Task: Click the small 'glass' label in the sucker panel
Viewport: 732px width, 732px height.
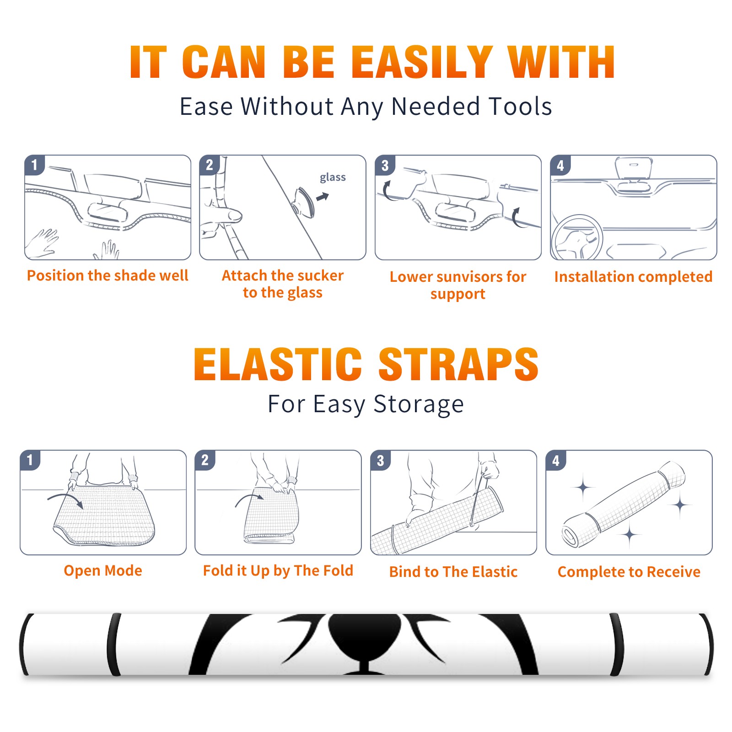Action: click(x=333, y=178)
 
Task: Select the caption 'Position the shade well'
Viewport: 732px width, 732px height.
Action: click(x=108, y=275)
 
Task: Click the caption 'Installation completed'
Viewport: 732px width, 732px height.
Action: click(x=633, y=277)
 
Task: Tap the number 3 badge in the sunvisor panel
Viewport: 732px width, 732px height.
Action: click(x=385, y=166)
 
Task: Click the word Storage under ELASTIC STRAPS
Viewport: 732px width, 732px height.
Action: click(x=419, y=404)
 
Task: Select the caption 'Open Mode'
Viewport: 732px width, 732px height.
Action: click(x=103, y=571)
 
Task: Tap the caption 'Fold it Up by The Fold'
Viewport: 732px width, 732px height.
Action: click(x=278, y=571)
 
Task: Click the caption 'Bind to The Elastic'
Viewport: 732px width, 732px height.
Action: click(x=453, y=572)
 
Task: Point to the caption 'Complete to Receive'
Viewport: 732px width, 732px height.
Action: click(x=629, y=572)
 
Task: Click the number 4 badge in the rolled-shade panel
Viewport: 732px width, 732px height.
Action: click(x=555, y=461)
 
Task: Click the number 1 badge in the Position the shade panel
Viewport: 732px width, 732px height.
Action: click(x=34, y=165)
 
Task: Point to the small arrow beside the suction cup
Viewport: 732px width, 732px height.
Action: click(x=323, y=197)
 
